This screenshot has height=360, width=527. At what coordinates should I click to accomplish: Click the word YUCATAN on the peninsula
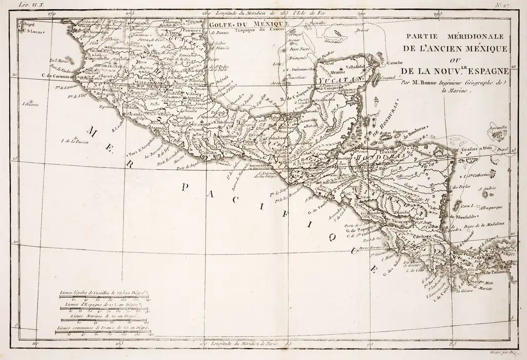[x=336, y=81]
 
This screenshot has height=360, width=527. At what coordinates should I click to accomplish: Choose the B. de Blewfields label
[x=466, y=217]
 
